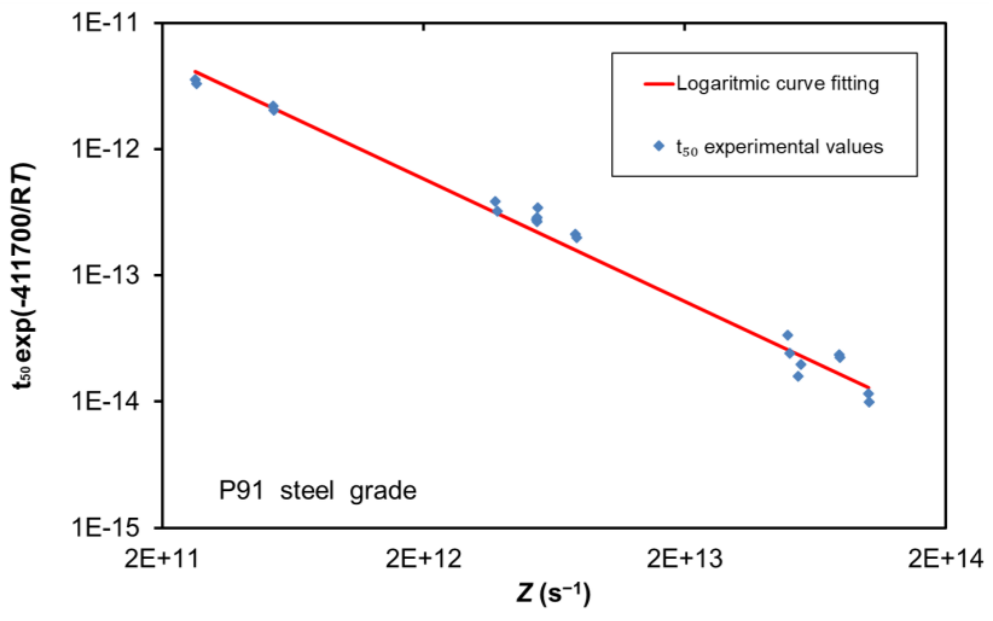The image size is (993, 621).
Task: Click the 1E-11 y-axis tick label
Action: click(105, 23)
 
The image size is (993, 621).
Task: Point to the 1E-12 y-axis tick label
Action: click(105, 149)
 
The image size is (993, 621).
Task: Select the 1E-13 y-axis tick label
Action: click(105, 275)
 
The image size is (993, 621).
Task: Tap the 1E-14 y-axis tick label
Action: click(105, 401)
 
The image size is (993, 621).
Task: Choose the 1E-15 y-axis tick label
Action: click(105, 527)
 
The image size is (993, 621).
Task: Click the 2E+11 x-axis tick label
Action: click(161, 559)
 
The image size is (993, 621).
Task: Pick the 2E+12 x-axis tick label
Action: click(423, 559)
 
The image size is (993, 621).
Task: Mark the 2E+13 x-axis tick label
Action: click(684, 559)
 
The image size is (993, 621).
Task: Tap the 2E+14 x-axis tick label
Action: click(946, 559)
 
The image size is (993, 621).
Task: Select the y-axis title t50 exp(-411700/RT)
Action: click(24, 275)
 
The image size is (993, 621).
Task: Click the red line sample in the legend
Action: click(659, 84)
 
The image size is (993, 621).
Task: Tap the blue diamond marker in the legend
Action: click(659, 146)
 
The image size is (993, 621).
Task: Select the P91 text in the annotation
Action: click(241, 491)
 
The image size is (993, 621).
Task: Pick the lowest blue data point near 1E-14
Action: click(869, 402)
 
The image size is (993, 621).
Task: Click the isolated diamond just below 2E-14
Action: click(798, 376)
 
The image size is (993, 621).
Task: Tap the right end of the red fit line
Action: click(869, 387)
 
